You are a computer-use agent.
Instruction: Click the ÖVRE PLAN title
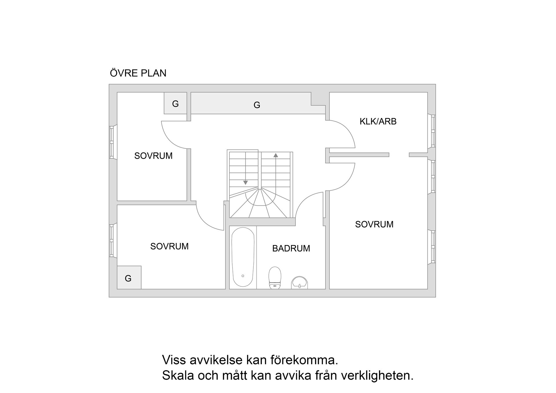click(138, 73)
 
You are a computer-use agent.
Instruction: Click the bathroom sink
click(299, 282)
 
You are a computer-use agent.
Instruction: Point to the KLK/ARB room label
click(378, 121)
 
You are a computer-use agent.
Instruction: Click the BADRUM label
click(291, 248)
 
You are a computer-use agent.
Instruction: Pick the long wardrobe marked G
click(257, 103)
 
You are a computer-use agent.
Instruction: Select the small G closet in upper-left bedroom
click(175, 103)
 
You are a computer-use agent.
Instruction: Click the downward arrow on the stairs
click(246, 182)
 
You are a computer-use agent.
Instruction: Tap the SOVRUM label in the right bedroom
click(374, 224)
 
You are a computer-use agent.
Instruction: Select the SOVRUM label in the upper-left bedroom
click(153, 156)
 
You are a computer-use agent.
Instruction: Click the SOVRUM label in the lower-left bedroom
click(169, 246)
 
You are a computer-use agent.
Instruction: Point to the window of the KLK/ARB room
click(433, 131)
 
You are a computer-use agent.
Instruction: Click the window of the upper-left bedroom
click(112, 142)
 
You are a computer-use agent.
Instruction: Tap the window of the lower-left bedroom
click(112, 240)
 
